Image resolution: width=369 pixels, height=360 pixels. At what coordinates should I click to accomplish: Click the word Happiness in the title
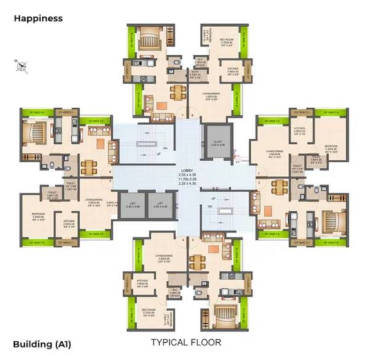[x=38, y=18]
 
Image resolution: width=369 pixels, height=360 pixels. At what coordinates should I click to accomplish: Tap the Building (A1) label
[x=42, y=344]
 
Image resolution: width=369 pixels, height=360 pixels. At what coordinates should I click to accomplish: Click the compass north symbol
[x=22, y=65]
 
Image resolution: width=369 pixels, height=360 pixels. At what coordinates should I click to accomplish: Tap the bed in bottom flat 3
[x=220, y=315]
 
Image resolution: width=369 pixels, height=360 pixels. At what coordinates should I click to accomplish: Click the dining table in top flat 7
[x=177, y=92]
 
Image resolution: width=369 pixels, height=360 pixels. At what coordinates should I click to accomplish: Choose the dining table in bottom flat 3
[x=196, y=262]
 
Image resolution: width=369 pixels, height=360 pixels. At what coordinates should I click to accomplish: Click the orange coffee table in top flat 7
[x=161, y=106]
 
